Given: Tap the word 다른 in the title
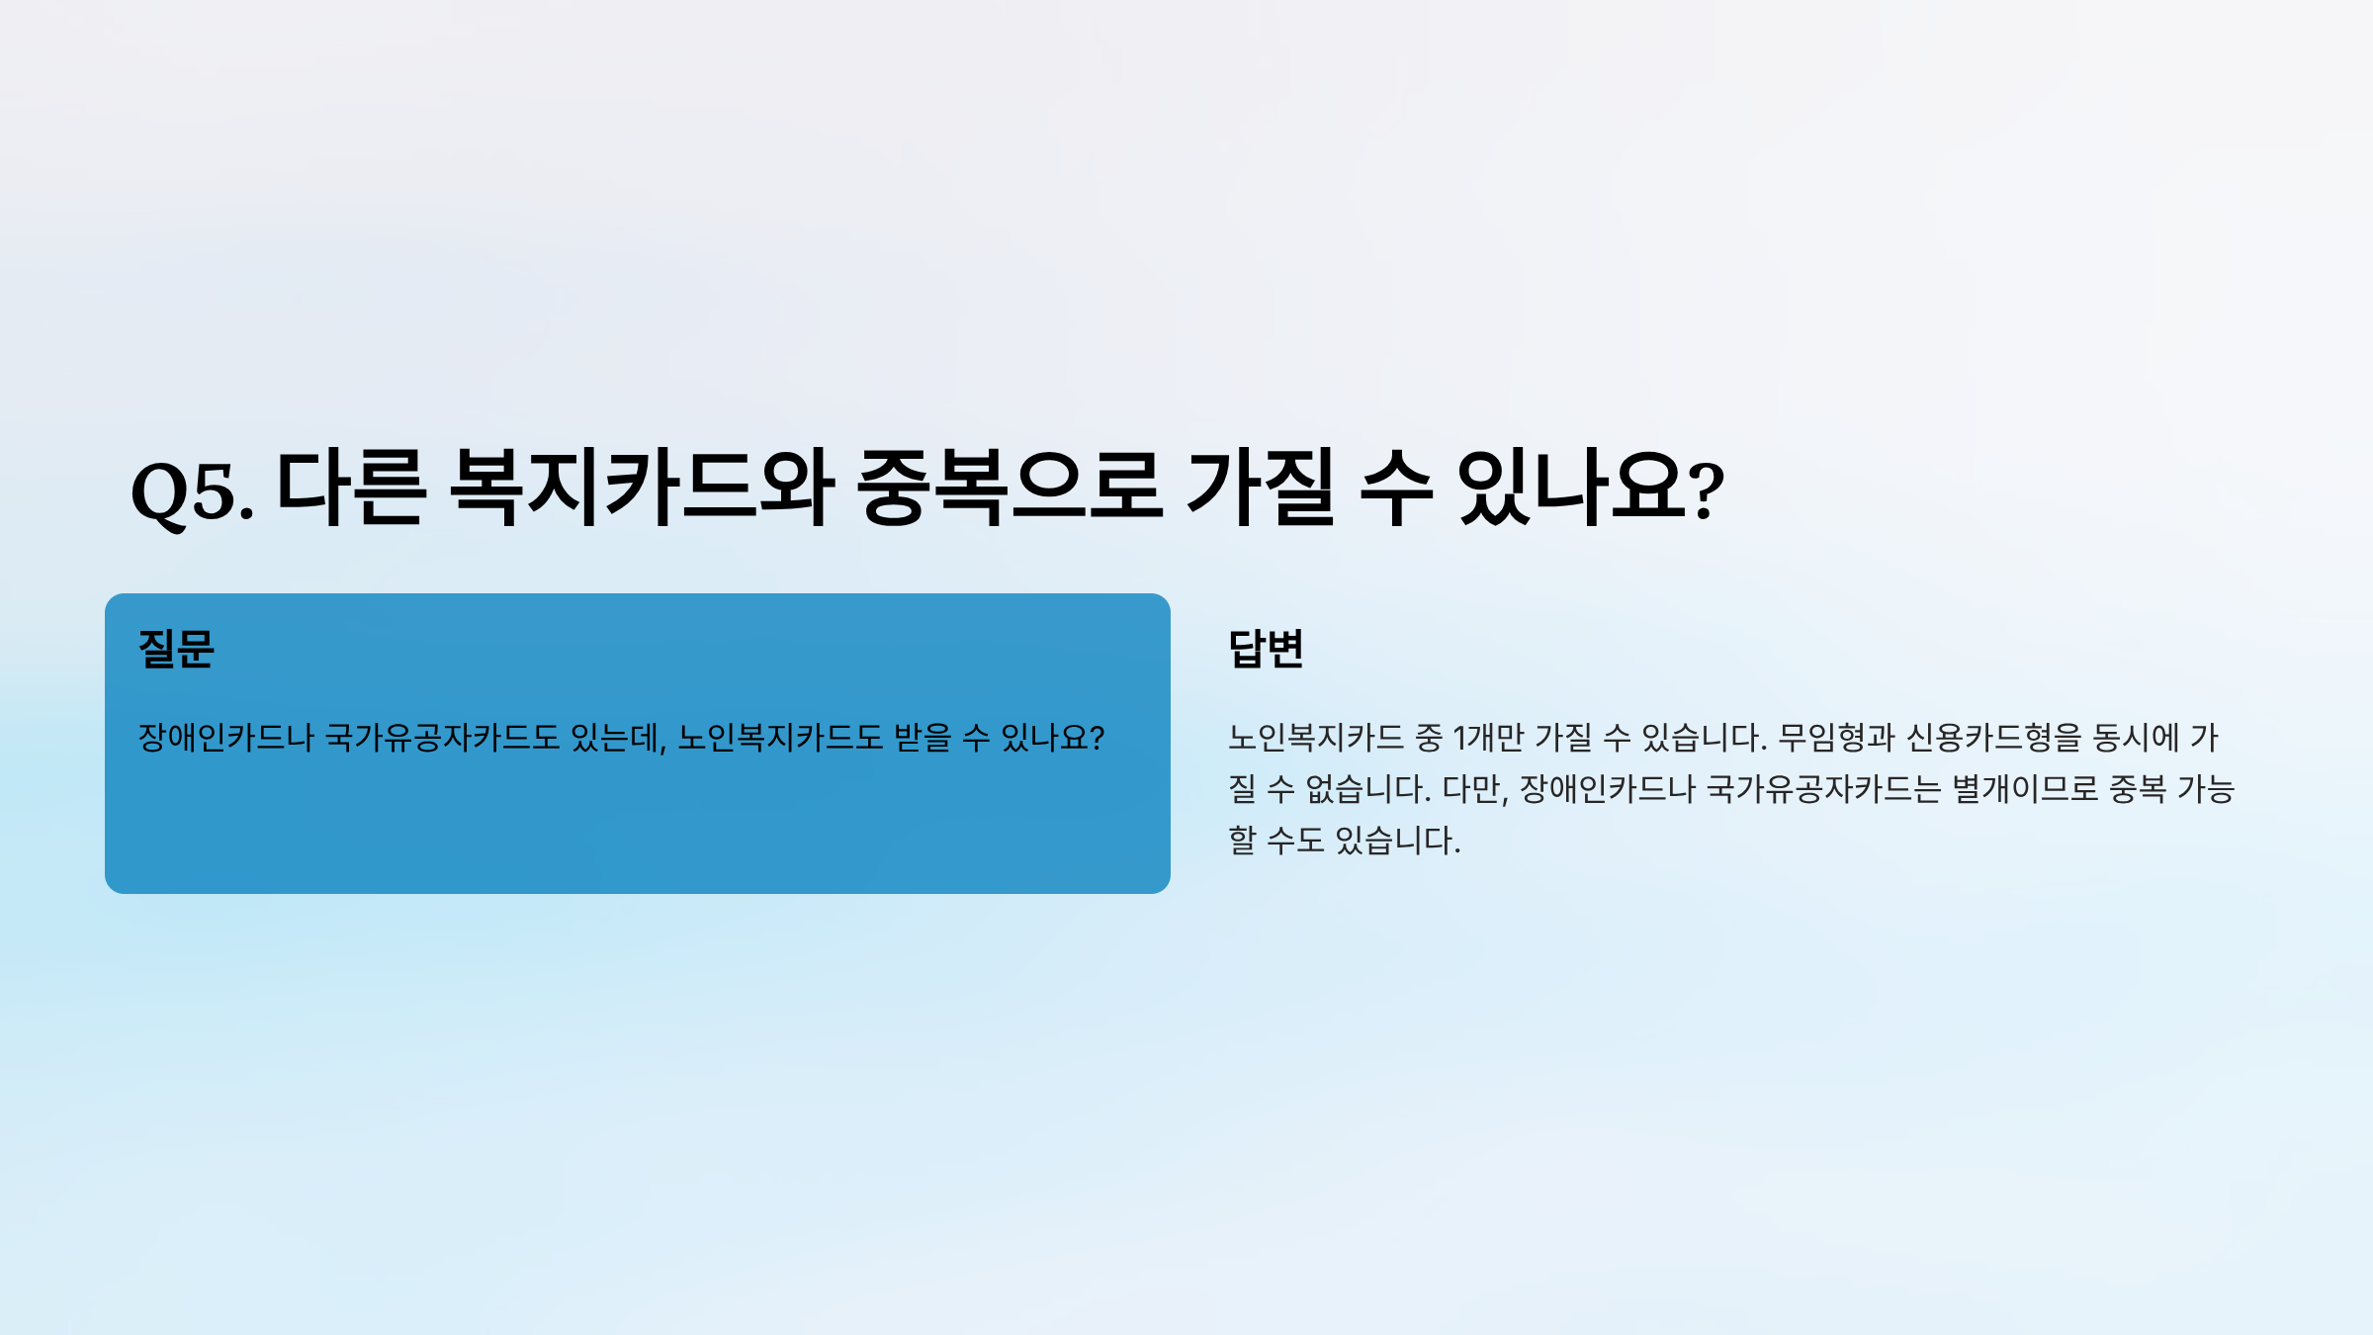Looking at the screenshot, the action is click(x=351, y=487).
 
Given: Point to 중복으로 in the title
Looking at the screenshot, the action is click(x=1010, y=487).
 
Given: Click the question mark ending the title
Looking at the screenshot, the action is click(x=1706, y=491).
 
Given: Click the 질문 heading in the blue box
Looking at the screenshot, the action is click(x=176, y=649).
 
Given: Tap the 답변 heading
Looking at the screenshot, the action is click(x=1266, y=649).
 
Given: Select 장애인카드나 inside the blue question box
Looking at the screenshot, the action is click(x=225, y=738).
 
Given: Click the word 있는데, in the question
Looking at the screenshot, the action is click(x=619, y=738).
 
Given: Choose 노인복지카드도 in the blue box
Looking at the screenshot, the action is click(x=780, y=738).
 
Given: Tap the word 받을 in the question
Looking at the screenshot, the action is click(x=923, y=738).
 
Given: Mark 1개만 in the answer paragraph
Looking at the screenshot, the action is click(x=1489, y=738).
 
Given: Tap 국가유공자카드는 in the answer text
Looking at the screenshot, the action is click(x=1824, y=789).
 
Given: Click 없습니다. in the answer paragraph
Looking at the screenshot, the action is click(x=1368, y=789).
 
